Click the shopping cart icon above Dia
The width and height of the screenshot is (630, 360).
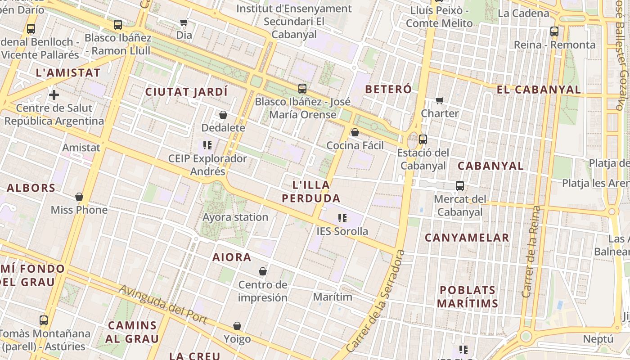pyautogui.click(x=184, y=22)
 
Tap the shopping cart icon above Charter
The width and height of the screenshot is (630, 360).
pyautogui.click(x=439, y=100)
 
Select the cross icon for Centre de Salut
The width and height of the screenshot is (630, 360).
pyautogui.click(x=54, y=95)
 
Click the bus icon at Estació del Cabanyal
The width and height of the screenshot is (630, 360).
pyautogui.click(x=423, y=139)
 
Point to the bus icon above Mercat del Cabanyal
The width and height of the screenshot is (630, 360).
pyautogui.click(x=459, y=186)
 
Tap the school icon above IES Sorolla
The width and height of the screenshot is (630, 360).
pyautogui.click(x=342, y=219)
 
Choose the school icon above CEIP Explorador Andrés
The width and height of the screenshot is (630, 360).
pyautogui.click(x=207, y=145)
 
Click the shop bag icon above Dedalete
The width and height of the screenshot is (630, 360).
pyautogui.click(x=223, y=115)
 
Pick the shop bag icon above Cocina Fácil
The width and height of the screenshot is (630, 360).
pyautogui.click(x=355, y=132)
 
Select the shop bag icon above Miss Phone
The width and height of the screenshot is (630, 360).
pyautogui.click(x=79, y=197)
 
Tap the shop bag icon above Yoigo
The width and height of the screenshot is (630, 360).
pyautogui.click(x=237, y=326)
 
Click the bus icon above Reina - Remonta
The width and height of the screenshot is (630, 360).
pyautogui.click(x=554, y=31)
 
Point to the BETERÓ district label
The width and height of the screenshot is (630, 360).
pyautogui.click(x=388, y=89)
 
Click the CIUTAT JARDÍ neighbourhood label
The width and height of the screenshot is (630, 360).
pyautogui.click(x=186, y=92)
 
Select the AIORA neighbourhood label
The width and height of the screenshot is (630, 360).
pyautogui.click(x=231, y=257)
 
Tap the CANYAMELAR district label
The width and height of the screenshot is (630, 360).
pyautogui.click(x=467, y=238)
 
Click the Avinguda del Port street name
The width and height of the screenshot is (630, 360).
pyautogui.click(x=163, y=304)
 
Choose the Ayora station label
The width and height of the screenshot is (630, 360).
pyautogui.click(x=235, y=217)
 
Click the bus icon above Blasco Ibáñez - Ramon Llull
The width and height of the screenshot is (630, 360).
pyautogui.click(x=118, y=25)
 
